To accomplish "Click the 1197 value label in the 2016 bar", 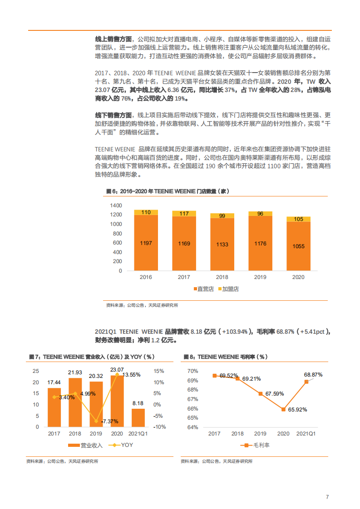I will (x=146, y=244).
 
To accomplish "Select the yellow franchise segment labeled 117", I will (x=184, y=213).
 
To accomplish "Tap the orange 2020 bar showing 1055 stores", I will (x=298, y=246).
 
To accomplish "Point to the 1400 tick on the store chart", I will (x=116, y=206).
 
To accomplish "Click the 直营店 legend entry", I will (x=203, y=289).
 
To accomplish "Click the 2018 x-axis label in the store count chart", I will (x=222, y=277).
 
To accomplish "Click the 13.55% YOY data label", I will (x=129, y=375).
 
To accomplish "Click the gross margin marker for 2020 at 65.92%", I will (x=283, y=409).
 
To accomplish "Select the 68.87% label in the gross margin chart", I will (x=313, y=375).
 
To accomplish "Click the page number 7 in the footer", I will (x=327, y=497).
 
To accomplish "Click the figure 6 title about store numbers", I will (x=168, y=191).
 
